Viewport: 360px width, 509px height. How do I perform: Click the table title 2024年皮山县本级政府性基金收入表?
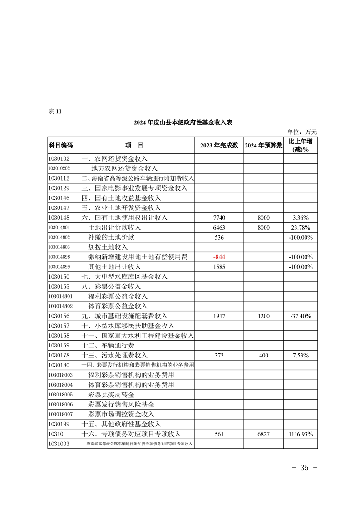(x=183, y=122)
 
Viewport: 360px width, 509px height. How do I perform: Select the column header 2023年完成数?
(x=219, y=146)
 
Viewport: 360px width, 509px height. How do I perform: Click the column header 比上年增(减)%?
(x=301, y=145)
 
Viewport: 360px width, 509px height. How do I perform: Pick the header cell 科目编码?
(x=60, y=146)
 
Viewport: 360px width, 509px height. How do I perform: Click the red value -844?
(x=219, y=257)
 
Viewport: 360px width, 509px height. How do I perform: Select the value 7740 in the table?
(x=219, y=218)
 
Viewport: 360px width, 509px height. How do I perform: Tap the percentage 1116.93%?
(x=301, y=434)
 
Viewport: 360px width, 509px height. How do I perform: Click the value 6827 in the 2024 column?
(x=264, y=434)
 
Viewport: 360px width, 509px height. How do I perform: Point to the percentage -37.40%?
(x=301, y=316)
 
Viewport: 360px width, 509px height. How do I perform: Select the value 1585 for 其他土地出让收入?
(x=219, y=267)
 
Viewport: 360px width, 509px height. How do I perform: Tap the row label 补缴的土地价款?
(x=111, y=237)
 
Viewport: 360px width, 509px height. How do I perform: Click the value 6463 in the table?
(x=219, y=228)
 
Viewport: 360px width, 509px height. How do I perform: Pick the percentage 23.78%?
(x=301, y=228)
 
